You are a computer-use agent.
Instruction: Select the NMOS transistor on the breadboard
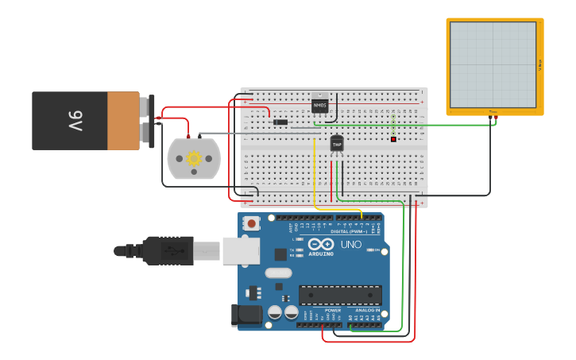(320, 104)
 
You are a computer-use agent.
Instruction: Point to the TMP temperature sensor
(337, 144)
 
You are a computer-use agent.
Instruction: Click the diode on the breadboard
(280, 122)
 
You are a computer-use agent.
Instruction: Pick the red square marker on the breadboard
(393, 140)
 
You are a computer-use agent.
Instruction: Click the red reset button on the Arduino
(252, 223)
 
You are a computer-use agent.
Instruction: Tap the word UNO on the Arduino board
(351, 245)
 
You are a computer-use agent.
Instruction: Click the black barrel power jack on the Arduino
(246, 315)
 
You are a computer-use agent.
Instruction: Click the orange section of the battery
(123, 121)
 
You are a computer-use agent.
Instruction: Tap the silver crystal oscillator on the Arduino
(279, 273)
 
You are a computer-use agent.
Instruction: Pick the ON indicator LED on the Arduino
(371, 250)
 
